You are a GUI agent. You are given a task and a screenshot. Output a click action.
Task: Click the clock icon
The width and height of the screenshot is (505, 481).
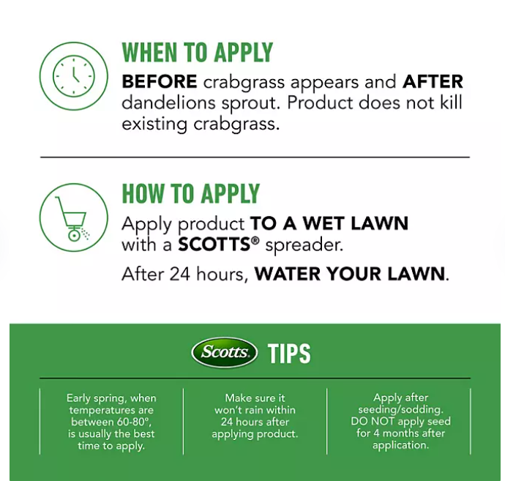tap(74, 76)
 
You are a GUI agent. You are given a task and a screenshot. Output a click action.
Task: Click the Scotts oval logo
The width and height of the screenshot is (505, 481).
tap(225, 352)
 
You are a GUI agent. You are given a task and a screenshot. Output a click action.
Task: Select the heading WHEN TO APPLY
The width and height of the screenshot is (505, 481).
tap(198, 52)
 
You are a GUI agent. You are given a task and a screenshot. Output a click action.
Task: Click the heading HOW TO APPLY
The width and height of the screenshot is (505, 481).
tap(191, 193)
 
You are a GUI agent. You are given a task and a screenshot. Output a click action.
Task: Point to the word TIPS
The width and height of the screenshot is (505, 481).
tap(289, 354)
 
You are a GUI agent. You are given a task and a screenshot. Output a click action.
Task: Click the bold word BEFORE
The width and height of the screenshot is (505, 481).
tap(160, 81)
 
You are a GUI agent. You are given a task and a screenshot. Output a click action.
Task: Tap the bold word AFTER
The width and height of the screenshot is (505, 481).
tap(433, 81)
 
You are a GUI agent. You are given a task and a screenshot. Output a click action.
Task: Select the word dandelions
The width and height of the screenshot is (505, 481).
tap(168, 103)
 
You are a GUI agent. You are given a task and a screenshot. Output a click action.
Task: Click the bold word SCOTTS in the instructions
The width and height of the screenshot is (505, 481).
tap(214, 245)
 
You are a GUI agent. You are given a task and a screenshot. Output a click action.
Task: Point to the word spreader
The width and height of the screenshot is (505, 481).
tap(304, 245)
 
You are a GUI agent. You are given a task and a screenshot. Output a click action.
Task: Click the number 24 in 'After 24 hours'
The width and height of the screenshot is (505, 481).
tap(180, 274)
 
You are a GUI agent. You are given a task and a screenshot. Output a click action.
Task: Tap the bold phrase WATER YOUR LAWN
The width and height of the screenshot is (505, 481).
tap(349, 274)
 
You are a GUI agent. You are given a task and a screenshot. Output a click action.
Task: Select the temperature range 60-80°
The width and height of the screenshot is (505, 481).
tap(132, 422)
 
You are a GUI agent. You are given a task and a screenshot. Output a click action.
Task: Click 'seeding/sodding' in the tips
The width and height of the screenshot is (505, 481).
tap(400, 409)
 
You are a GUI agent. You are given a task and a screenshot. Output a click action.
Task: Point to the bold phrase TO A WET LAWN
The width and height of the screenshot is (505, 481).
tap(329, 223)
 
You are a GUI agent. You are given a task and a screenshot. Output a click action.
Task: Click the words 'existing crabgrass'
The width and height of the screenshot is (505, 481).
tap(201, 124)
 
